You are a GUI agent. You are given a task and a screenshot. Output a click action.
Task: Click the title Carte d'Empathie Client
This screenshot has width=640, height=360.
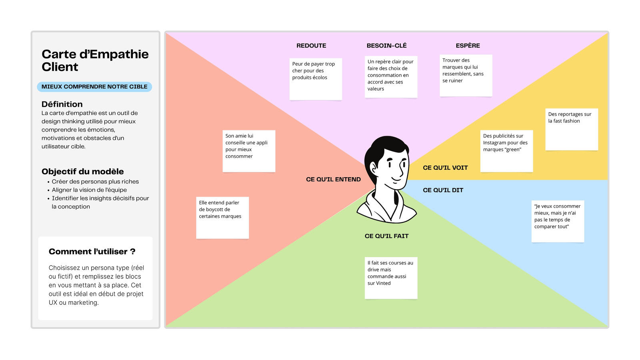tap(95, 60)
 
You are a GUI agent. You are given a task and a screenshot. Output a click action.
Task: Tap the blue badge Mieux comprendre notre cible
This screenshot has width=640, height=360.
tap(94, 87)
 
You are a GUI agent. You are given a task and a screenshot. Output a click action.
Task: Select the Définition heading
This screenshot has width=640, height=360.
tap(62, 104)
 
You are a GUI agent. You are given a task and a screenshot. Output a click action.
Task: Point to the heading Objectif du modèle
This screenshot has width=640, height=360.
tap(82, 172)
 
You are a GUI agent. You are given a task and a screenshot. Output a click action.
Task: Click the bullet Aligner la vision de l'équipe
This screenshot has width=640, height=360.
tap(89, 190)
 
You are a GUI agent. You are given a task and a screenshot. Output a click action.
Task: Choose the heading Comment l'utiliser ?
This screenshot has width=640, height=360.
tap(92, 252)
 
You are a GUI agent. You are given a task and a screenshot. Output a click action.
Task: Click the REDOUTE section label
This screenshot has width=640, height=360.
tap(311, 46)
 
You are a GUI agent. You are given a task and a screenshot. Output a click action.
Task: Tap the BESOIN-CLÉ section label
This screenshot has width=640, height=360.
tap(386, 46)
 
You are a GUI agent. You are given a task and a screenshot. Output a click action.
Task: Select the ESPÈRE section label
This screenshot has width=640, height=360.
tap(468, 46)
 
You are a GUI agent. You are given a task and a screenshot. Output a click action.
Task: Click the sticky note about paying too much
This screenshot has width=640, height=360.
tap(316, 79)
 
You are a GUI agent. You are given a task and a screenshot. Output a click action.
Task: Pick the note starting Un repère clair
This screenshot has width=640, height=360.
tap(391, 77)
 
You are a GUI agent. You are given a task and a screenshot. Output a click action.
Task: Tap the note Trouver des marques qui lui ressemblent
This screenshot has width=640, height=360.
tap(466, 75)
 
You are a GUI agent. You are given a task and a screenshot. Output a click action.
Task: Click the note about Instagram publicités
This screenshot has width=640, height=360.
tap(506, 151)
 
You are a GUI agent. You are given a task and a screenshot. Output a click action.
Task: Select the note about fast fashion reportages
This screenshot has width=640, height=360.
tap(572, 129)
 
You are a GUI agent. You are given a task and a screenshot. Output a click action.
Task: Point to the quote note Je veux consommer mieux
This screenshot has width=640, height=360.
tap(558, 221)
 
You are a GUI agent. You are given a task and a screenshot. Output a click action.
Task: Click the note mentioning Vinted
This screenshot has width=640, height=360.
tap(391, 278)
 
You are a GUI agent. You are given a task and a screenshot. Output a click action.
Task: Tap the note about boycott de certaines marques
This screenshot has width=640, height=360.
tap(222, 218)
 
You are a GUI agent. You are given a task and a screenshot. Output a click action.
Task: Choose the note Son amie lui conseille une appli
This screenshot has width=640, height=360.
tap(249, 151)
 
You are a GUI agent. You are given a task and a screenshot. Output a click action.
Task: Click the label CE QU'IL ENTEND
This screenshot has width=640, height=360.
tap(333, 180)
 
